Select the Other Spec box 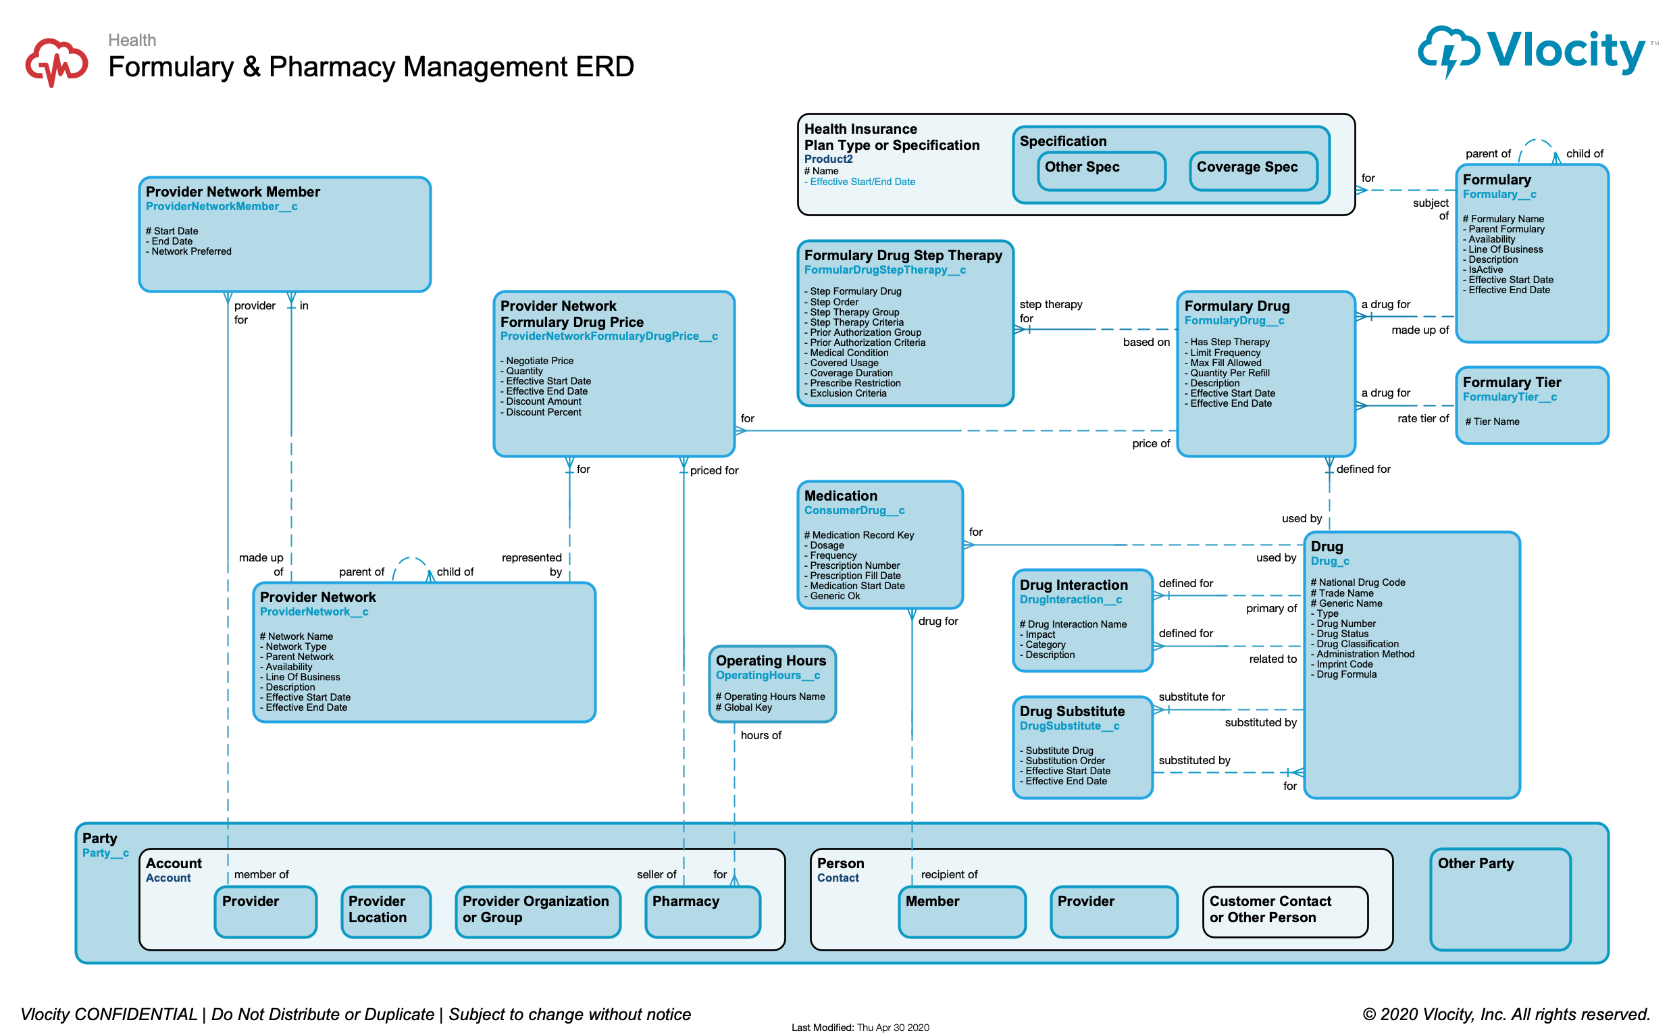tap(1100, 171)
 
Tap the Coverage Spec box tap(1252, 171)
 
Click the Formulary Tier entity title tap(1510, 382)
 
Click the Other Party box tap(1499, 899)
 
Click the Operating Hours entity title tap(770, 661)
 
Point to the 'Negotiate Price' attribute tap(540, 361)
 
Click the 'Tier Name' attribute tap(1495, 422)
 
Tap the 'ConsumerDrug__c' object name tap(854, 511)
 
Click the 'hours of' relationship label tap(760, 736)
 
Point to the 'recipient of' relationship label tap(948, 875)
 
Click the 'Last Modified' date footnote tap(860, 1028)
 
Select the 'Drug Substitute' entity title tap(1071, 712)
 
